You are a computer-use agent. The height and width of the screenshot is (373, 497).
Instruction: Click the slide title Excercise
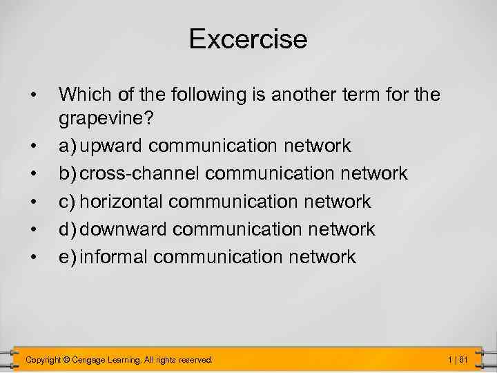248,39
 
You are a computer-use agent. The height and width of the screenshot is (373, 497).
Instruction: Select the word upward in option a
112,146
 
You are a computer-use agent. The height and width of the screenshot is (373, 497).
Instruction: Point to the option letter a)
68,146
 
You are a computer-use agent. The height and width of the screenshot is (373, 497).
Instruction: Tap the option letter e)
68,257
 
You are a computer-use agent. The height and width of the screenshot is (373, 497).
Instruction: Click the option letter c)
68,202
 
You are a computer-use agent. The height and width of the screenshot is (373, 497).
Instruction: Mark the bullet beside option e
32,257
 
